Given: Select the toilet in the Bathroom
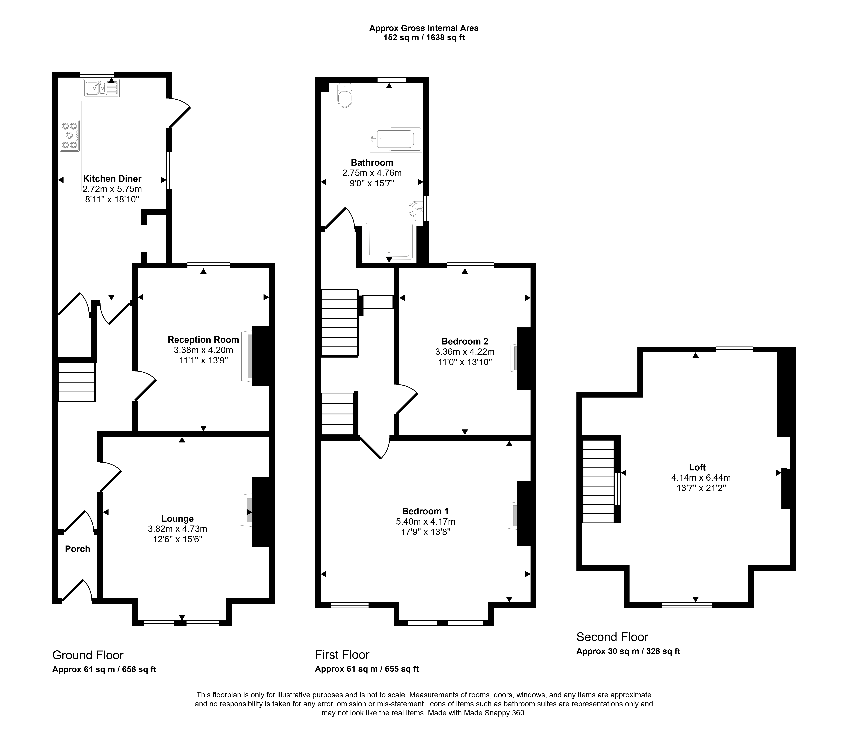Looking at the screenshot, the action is click(345, 95).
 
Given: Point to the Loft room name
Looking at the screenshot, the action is click(697, 467).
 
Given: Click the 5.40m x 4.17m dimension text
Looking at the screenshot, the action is click(426, 522).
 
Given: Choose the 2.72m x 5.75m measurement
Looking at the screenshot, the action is click(112, 189).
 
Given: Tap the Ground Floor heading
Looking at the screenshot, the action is click(88, 655).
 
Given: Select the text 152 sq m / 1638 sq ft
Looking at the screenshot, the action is click(424, 38).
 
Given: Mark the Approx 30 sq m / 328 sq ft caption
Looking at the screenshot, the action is click(628, 651).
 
